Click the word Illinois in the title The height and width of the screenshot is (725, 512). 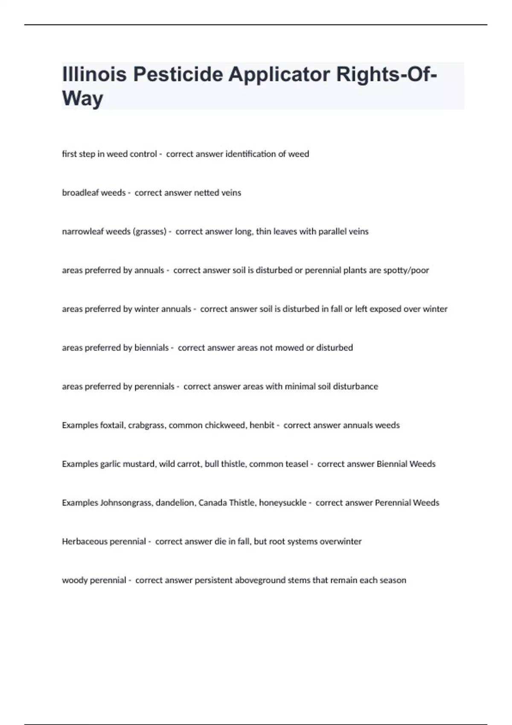tap(94, 74)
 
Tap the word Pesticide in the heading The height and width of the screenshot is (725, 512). tap(178, 74)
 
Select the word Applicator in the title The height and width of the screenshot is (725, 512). tap(279, 75)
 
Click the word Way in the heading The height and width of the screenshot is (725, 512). tap(82, 99)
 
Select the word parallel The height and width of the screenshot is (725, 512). tap(328, 232)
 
